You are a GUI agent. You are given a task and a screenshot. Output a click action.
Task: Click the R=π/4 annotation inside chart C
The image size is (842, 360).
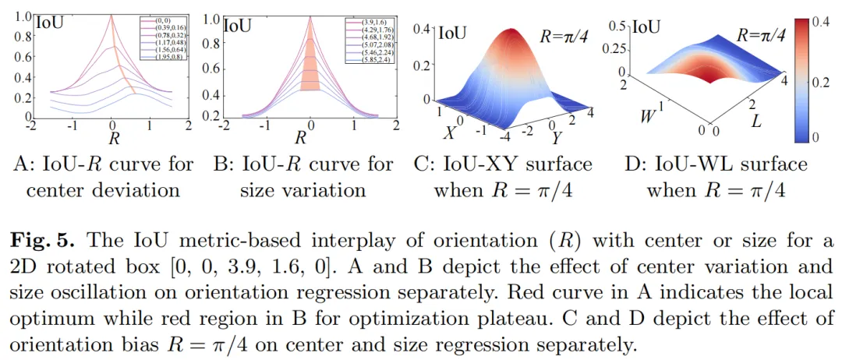tap(566, 36)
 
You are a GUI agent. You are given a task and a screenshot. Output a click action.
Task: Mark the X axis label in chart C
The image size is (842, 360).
tap(449, 132)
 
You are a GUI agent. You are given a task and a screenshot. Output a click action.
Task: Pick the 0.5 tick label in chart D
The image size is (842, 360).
tap(619, 26)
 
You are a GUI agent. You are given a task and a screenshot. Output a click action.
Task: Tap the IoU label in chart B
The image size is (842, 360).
tap(237, 25)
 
